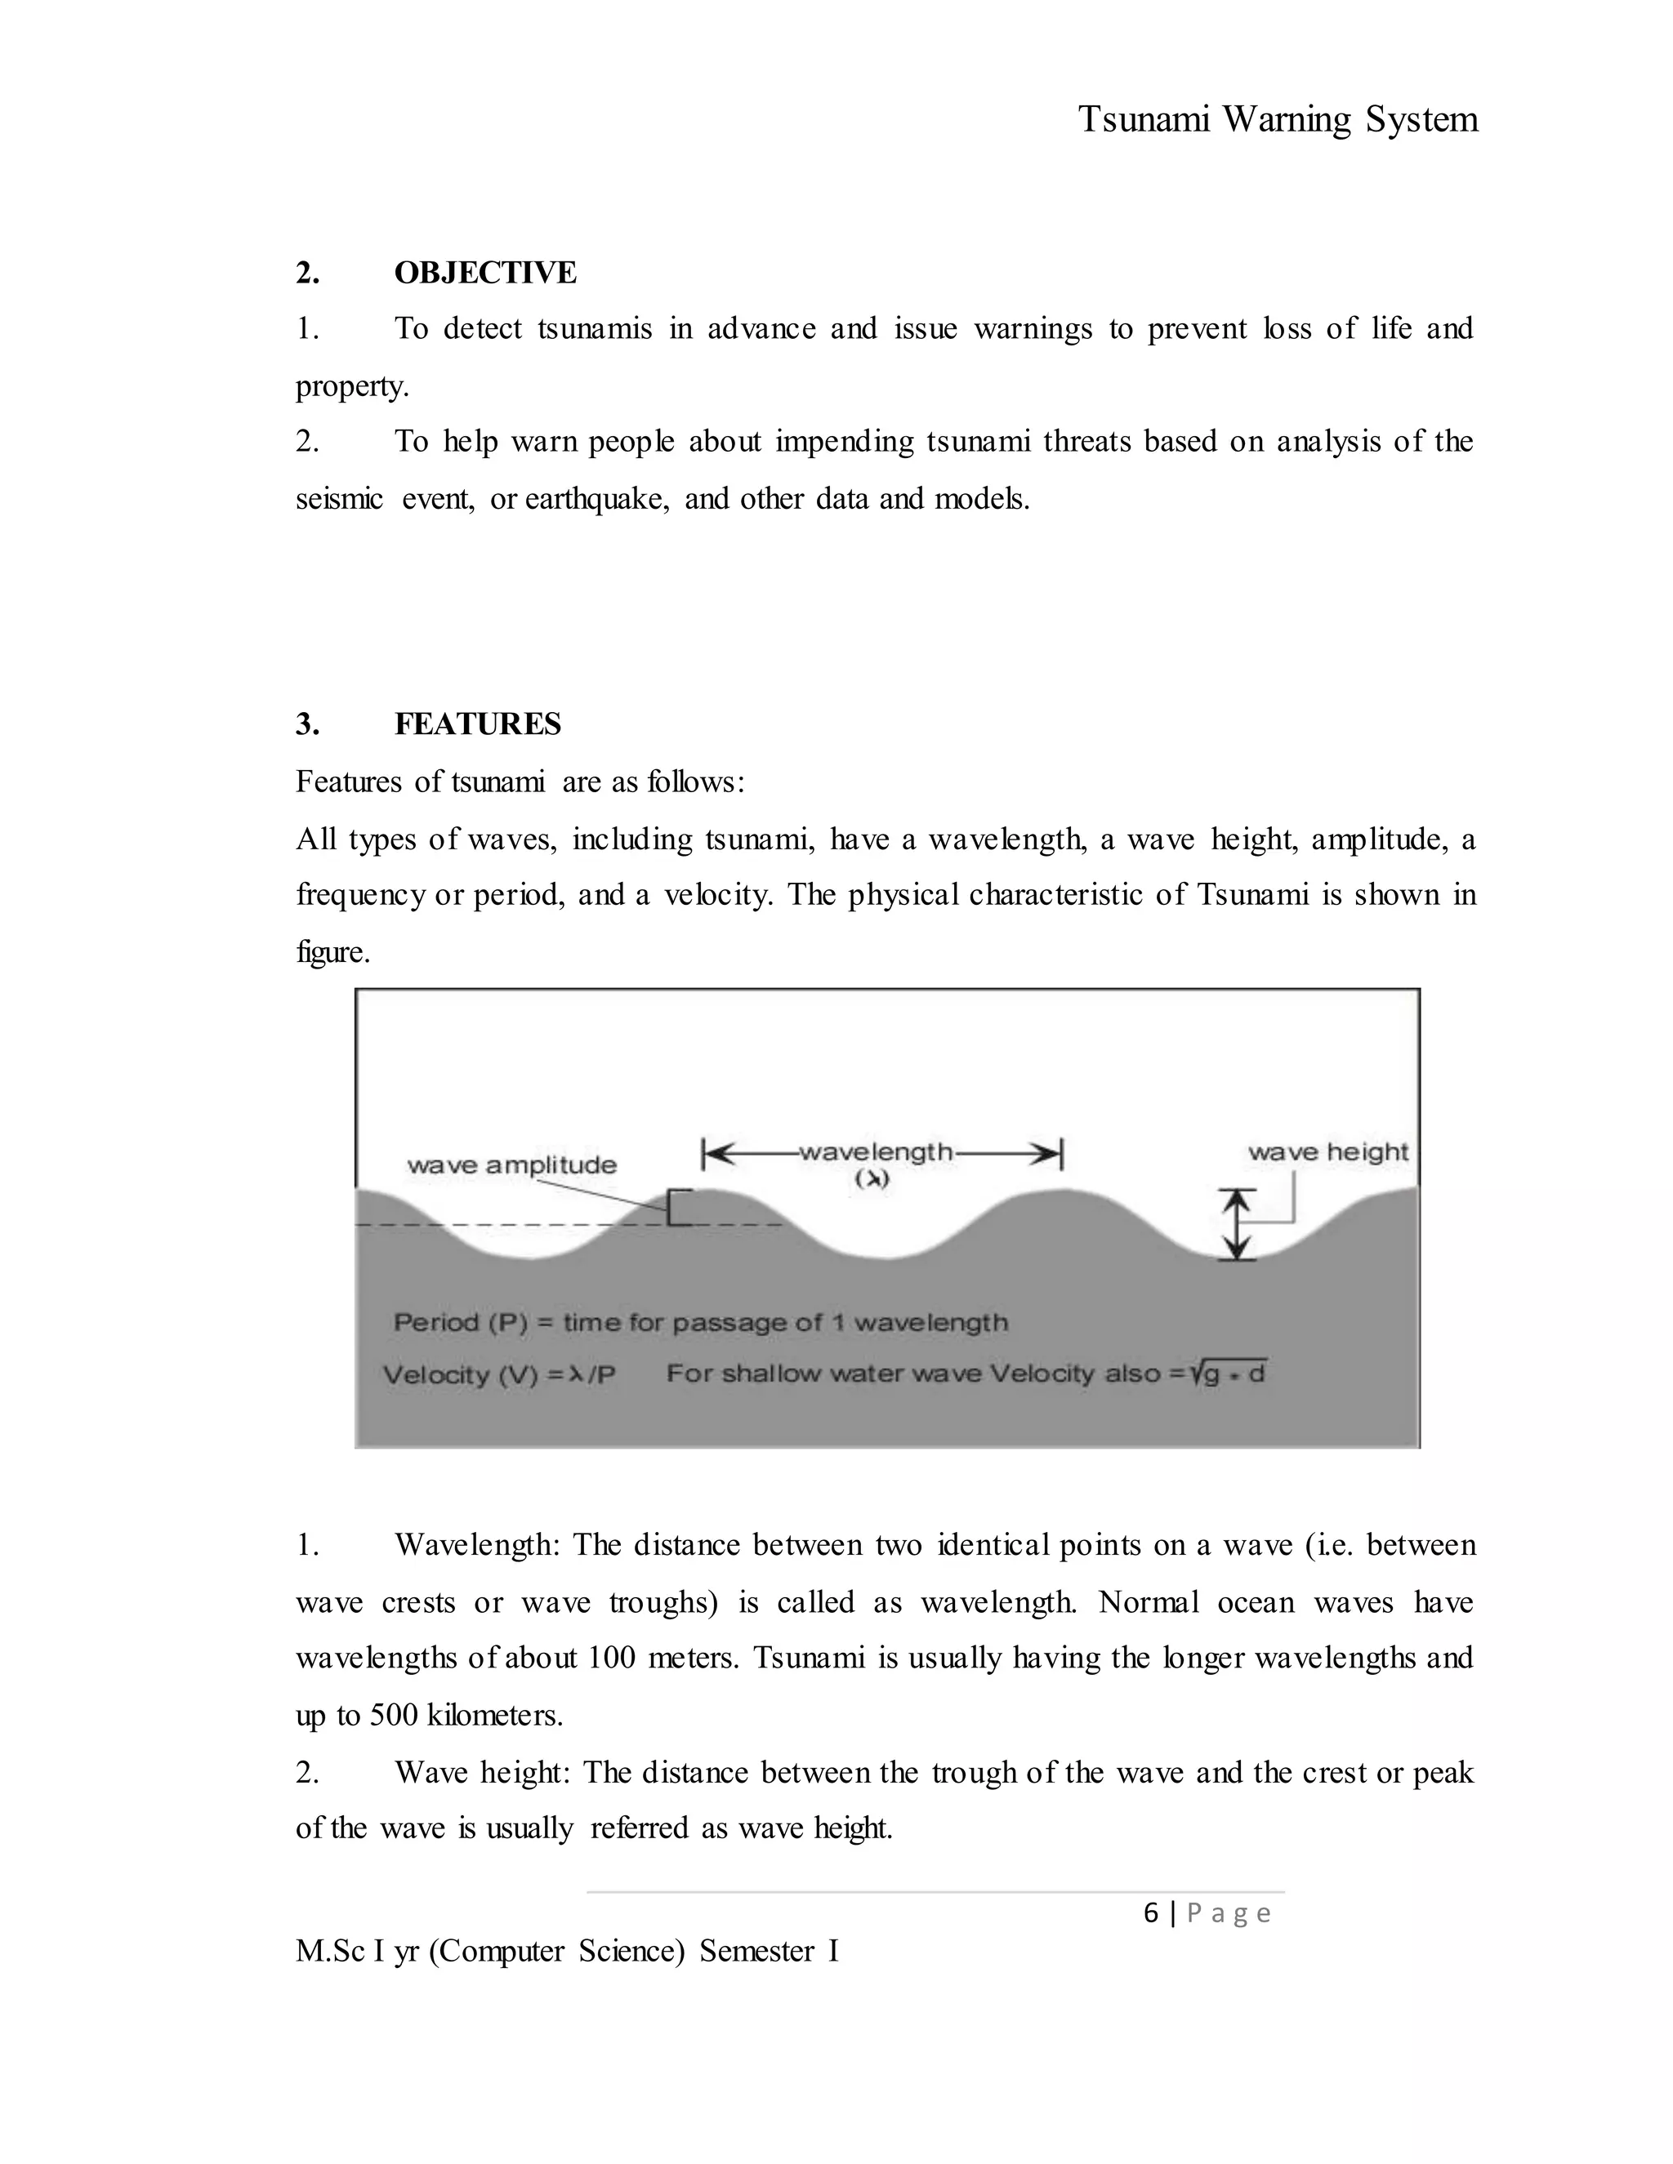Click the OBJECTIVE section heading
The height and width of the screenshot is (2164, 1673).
click(484, 273)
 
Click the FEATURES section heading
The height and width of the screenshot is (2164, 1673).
click(477, 724)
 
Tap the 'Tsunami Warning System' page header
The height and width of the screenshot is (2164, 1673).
click(1278, 120)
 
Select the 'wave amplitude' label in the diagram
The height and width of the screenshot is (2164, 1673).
click(511, 1165)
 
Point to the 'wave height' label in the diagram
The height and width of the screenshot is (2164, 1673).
click(1327, 1152)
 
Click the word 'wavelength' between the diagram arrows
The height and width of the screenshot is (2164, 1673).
click(875, 1152)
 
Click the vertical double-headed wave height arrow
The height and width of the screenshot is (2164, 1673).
click(1235, 1225)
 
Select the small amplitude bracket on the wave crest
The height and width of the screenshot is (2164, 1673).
click(677, 1208)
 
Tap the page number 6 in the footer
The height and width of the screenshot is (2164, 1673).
click(1151, 1913)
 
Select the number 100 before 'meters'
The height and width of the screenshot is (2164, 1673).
click(612, 1658)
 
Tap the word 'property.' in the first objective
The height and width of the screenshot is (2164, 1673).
click(352, 386)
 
